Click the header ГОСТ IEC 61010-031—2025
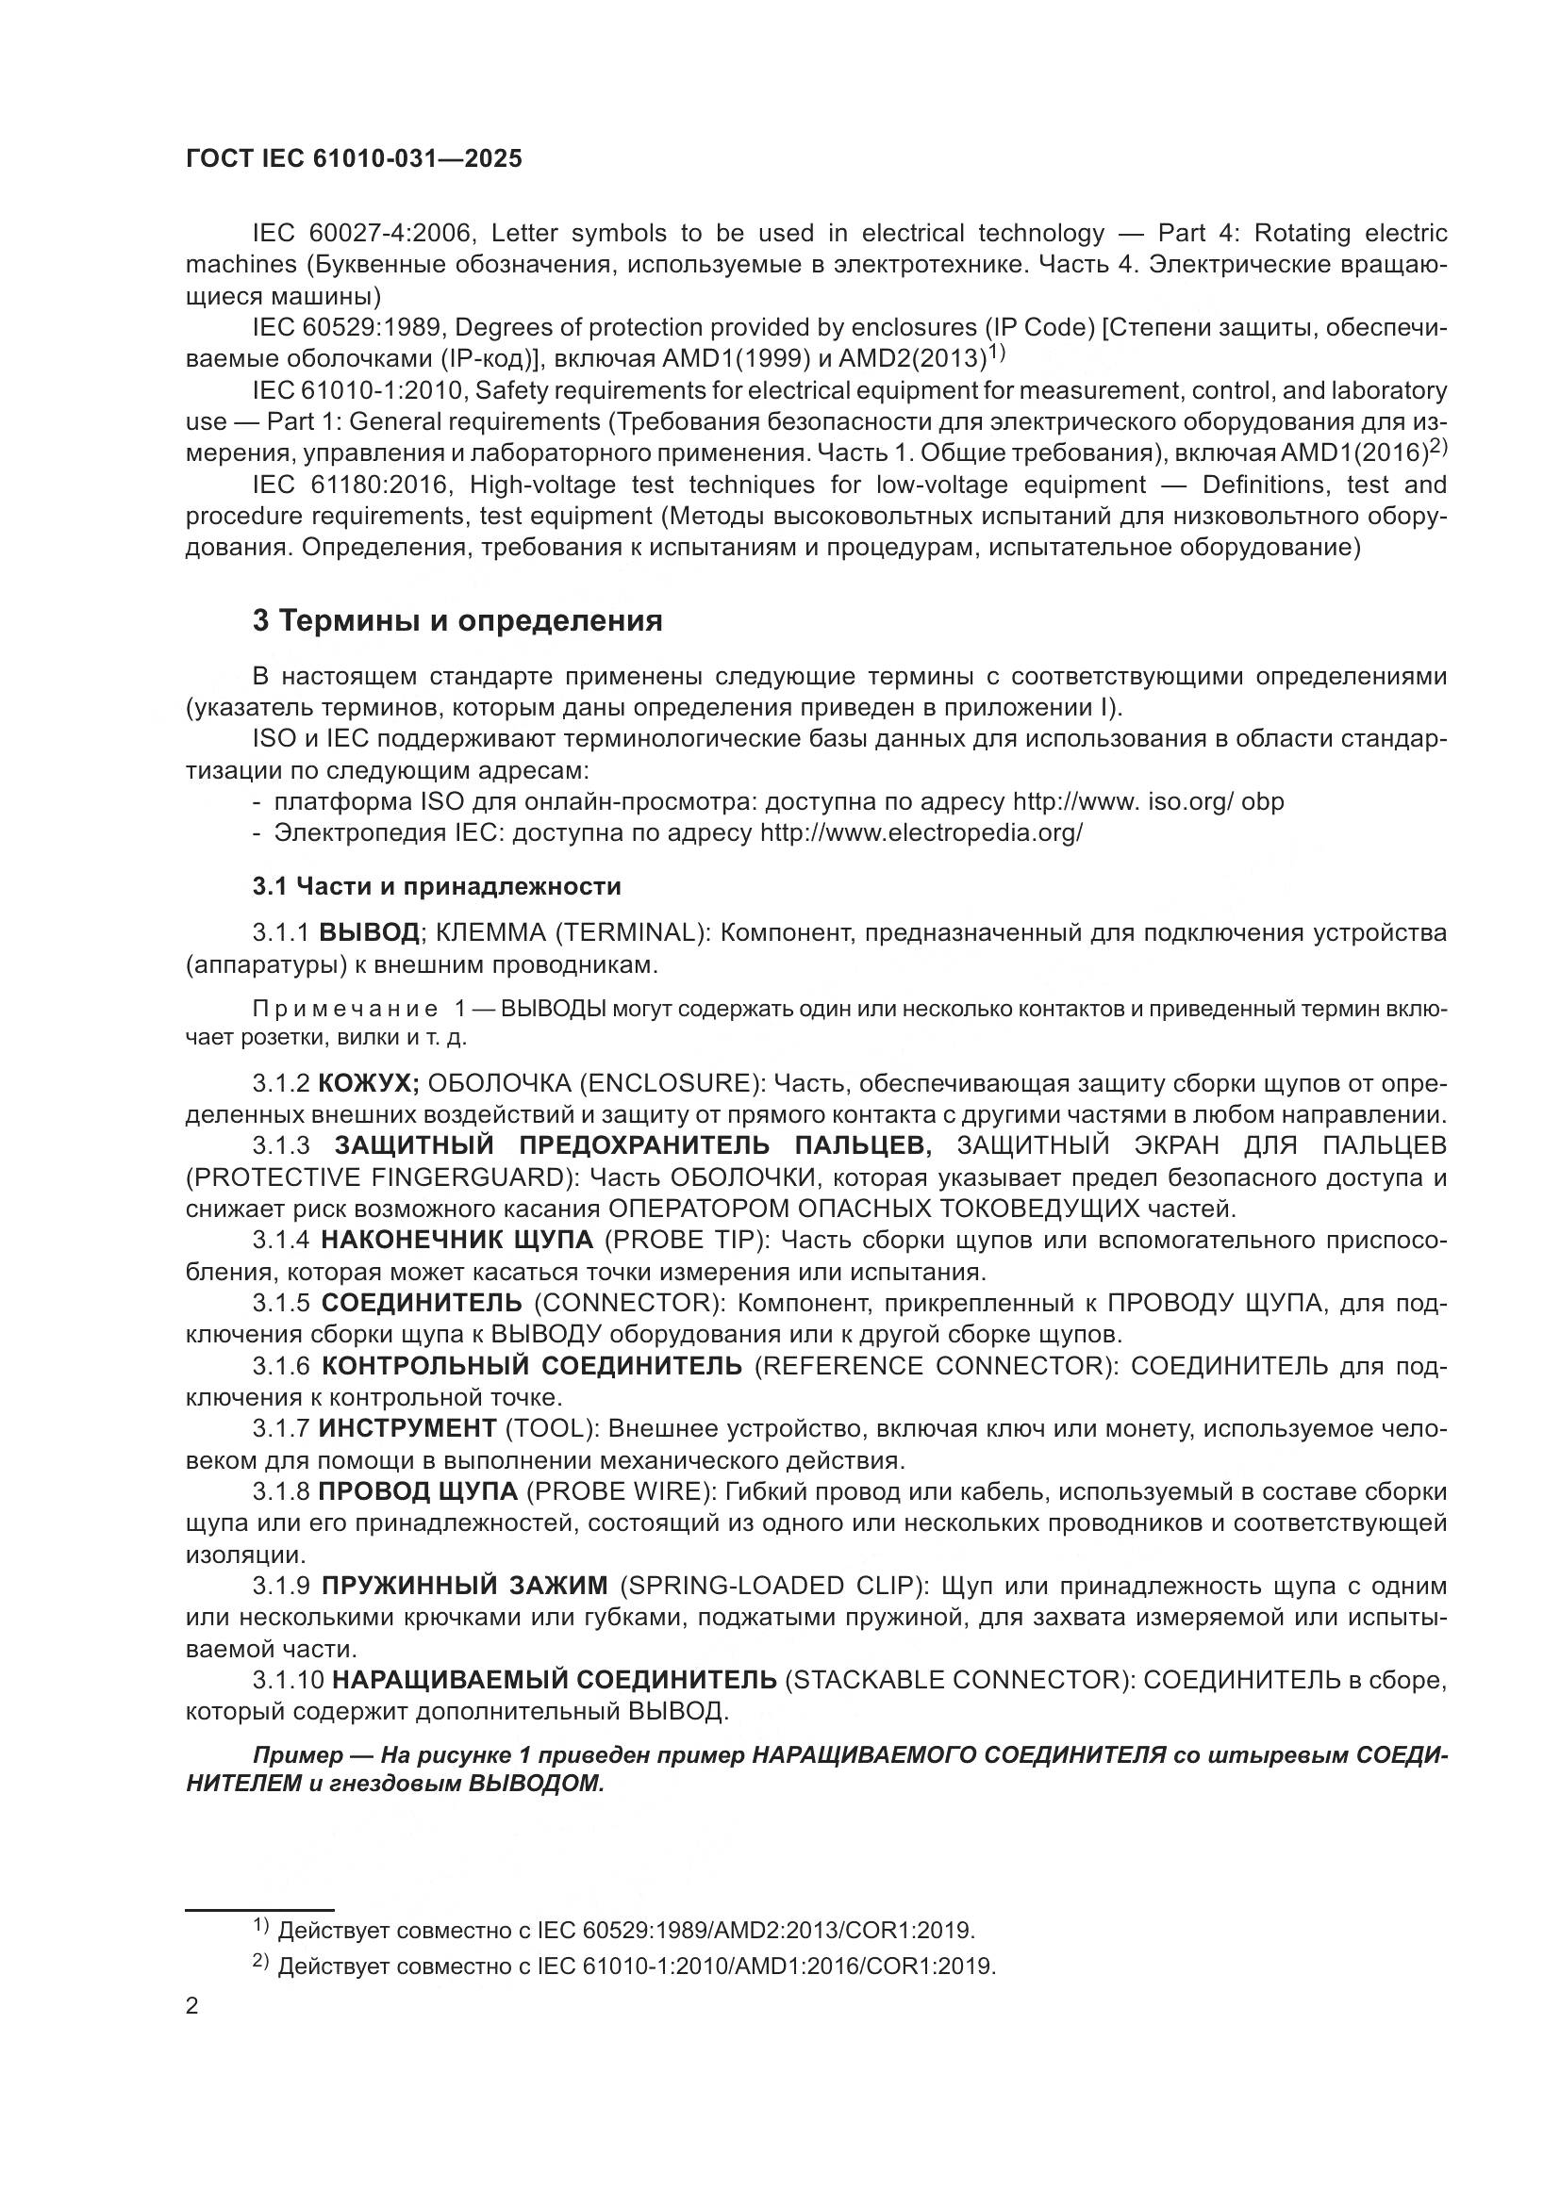point(354,159)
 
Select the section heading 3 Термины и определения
point(457,621)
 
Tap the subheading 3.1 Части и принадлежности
point(437,886)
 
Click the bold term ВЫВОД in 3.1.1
point(369,932)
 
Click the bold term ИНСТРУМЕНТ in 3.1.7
point(407,1428)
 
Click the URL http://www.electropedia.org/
point(921,832)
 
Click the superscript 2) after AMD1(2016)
point(1438,446)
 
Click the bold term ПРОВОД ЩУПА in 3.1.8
point(418,1491)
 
